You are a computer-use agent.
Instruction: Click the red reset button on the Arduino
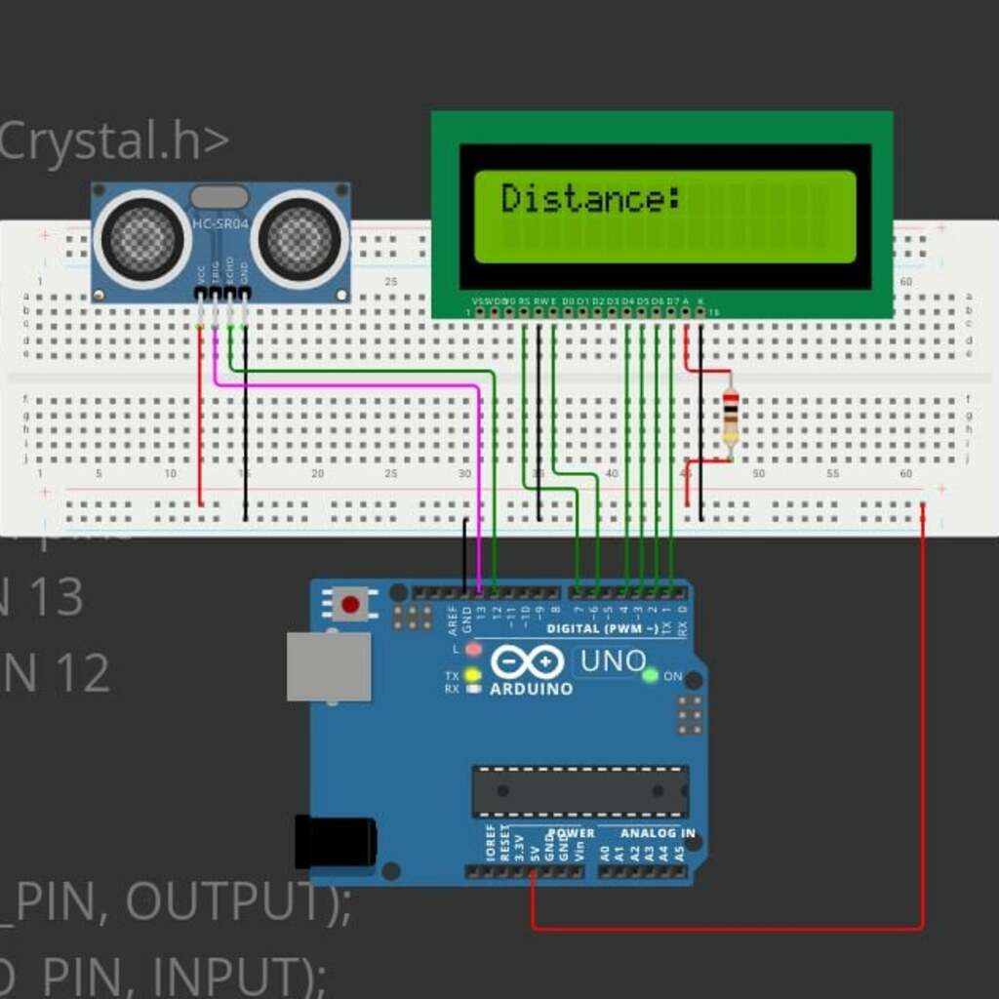tap(350, 605)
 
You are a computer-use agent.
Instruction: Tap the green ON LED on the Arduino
tap(650, 675)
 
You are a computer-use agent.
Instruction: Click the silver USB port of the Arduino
tap(329, 666)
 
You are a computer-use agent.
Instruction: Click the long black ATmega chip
tap(580, 791)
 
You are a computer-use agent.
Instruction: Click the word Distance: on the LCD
tap(590, 199)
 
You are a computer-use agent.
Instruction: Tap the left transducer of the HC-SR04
tap(142, 239)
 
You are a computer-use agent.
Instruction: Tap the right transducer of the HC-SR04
tap(300, 239)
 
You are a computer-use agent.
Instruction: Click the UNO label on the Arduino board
tap(613, 661)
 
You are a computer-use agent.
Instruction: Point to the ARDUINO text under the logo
tap(531, 689)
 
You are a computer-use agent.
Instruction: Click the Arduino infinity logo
tap(527, 662)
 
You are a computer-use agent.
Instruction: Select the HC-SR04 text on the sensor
tap(220, 226)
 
